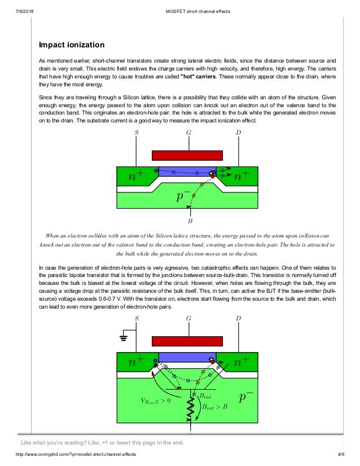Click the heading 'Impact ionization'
[x=71, y=44]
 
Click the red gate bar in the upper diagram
[x=187, y=155]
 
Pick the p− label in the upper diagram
[x=183, y=196]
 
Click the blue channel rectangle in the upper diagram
[x=186, y=172]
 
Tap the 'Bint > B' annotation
[x=214, y=406]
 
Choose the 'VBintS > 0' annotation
[x=156, y=401]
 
